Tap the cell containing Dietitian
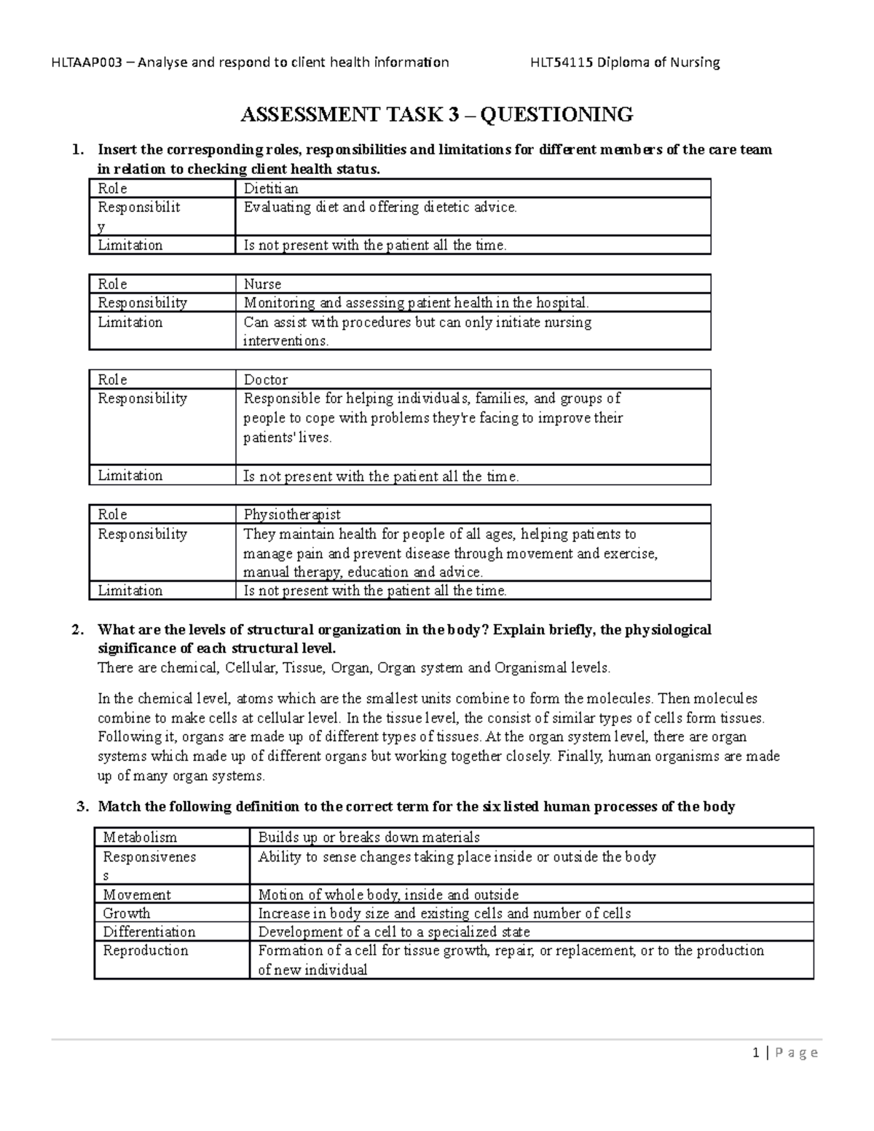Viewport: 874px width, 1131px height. click(x=271, y=189)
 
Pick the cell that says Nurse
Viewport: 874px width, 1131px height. click(x=262, y=284)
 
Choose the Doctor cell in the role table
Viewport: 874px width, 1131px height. click(x=266, y=379)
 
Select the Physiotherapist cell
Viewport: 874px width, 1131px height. click(x=292, y=514)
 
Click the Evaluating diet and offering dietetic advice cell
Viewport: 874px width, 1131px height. click(x=380, y=207)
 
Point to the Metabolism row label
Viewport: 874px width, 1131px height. click(x=140, y=838)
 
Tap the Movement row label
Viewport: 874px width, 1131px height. click(x=137, y=894)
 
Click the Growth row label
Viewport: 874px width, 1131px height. click(x=127, y=913)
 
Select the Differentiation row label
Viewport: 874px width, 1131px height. click(x=149, y=932)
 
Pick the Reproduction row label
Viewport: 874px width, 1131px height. click(x=146, y=950)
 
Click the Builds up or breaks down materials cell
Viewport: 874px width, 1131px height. click(x=369, y=838)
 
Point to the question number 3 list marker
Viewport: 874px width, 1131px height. click(x=82, y=806)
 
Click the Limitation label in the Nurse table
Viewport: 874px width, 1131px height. click(x=130, y=322)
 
